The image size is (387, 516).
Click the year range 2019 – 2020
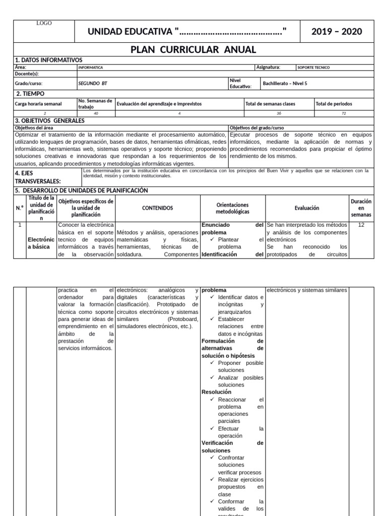point(337,32)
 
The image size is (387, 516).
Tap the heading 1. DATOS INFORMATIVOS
point(48,59)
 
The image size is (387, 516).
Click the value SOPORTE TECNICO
point(314,67)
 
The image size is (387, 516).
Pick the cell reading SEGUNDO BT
point(93,83)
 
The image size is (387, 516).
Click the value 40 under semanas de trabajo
point(96,113)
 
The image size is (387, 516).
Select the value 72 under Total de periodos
point(344,113)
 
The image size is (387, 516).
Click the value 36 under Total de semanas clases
point(279,113)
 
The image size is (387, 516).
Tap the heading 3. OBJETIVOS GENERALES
point(50,120)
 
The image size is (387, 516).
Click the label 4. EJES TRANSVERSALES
point(38,176)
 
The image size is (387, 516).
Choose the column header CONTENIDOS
point(157,208)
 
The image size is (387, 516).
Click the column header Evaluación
point(306,208)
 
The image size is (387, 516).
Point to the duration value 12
point(361,225)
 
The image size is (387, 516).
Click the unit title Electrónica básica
point(41,243)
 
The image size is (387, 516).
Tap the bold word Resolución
point(216,392)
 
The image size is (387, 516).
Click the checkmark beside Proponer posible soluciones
point(213,363)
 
